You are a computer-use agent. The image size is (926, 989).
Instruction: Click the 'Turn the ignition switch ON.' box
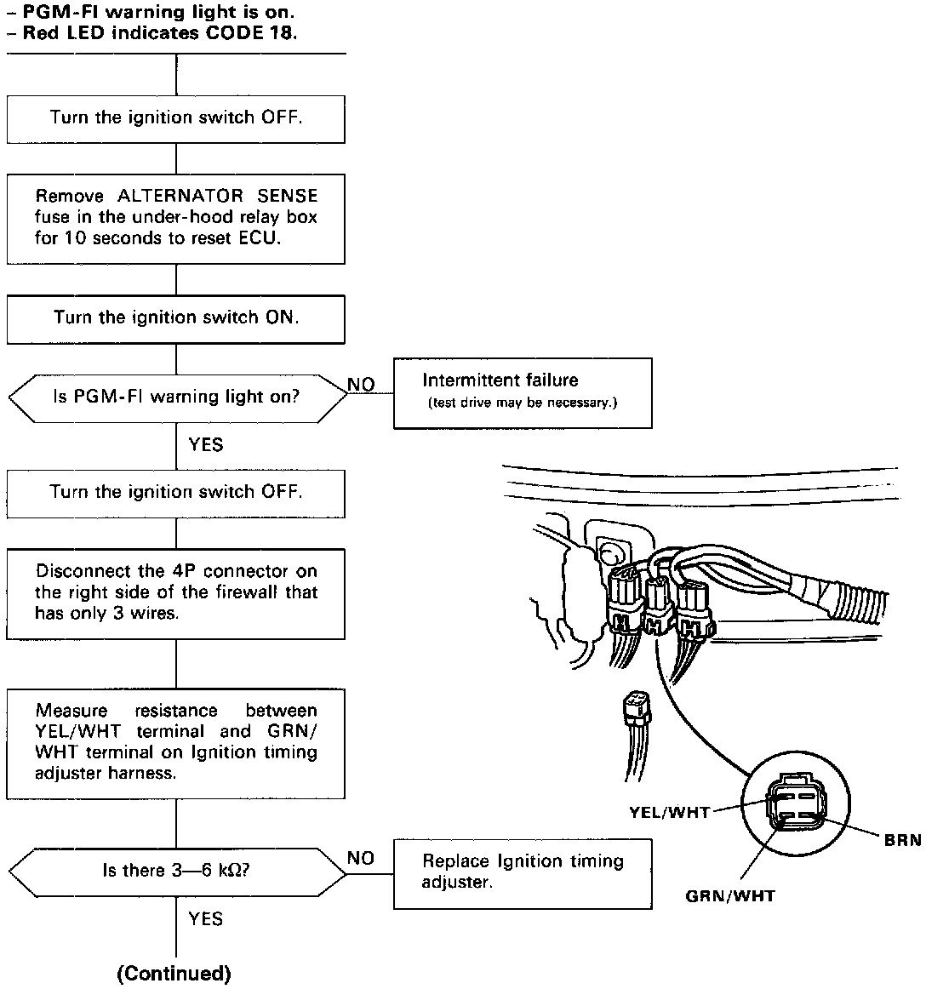coord(176,319)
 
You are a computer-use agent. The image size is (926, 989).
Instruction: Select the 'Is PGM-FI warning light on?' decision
coord(176,397)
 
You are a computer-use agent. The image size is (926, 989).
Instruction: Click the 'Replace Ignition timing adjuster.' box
coord(522,872)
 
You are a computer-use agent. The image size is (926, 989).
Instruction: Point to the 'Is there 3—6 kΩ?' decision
coord(176,871)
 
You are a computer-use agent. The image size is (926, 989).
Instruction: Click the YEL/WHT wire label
coord(669,812)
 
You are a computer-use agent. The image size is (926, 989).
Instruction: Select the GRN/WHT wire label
coord(730,895)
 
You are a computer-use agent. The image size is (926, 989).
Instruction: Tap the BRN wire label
coord(902,840)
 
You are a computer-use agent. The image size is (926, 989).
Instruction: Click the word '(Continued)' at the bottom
coord(174,974)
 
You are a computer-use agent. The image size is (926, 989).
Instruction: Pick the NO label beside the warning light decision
coord(361,386)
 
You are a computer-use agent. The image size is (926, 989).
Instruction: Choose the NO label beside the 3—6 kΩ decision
coord(361,858)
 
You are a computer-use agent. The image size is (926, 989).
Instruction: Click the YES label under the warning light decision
coord(206,444)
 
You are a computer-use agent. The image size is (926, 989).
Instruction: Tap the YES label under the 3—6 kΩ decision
coord(206,918)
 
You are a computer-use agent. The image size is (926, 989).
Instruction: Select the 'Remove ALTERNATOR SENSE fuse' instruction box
coord(176,217)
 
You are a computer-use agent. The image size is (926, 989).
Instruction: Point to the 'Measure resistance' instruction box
coord(176,742)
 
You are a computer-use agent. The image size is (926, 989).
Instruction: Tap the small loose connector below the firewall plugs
coord(633,706)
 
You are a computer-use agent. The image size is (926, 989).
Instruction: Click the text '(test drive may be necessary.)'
coord(522,403)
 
